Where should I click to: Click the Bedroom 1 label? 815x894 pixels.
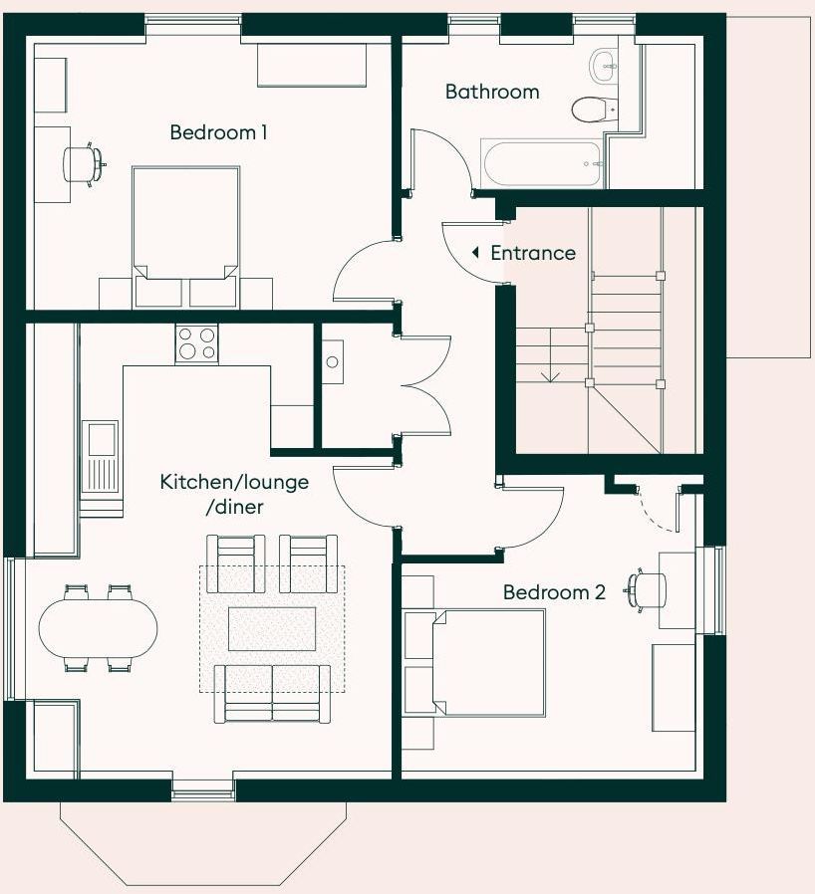tap(218, 132)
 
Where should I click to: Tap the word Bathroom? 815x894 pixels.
tap(492, 92)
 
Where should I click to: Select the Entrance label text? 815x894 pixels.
tap(533, 253)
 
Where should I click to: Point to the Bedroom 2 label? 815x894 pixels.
tap(554, 591)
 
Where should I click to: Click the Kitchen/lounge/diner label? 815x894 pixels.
tap(234, 494)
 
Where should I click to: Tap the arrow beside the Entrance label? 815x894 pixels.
tap(475, 252)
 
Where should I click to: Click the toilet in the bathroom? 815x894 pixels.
tap(595, 109)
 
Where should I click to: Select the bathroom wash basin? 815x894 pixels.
tap(604, 65)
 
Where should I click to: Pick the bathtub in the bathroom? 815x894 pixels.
tap(542, 163)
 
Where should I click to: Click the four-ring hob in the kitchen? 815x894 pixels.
tap(196, 343)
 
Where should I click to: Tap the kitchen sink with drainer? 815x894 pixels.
tap(100, 457)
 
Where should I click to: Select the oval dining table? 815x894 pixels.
tap(99, 628)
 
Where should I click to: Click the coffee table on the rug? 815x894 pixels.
tap(272, 628)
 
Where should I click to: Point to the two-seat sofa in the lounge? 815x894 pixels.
tap(272, 694)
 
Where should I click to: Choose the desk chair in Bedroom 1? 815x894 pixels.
tap(84, 165)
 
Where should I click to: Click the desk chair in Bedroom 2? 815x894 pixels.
tap(648, 590)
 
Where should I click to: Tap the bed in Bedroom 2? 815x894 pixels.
tap(473, 662)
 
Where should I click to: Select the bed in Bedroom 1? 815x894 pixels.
tap(185, 237)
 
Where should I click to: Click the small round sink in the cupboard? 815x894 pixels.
tap(332, 361)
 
